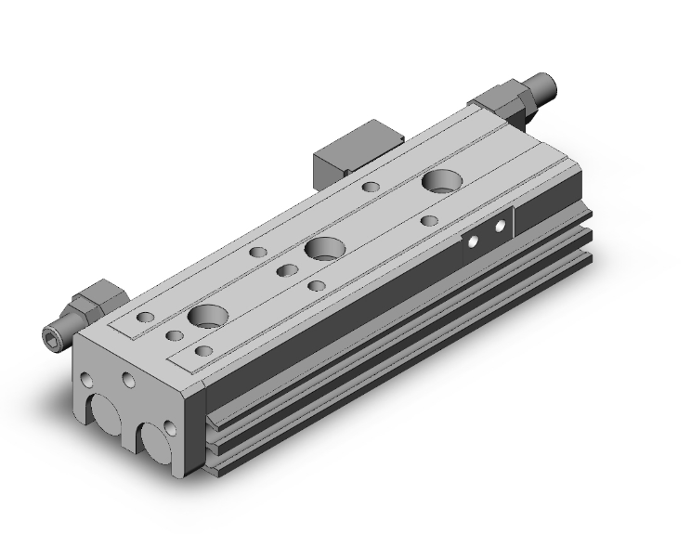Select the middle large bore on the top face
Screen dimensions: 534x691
pos(323,248)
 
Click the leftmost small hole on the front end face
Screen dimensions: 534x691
pos(86,381)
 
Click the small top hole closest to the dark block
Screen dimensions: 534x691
pos(371,188)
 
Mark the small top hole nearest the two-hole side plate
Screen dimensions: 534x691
pos(429,221)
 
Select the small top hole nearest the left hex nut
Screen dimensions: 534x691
pos(145,319)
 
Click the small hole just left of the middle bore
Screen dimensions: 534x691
pos(286,270)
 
